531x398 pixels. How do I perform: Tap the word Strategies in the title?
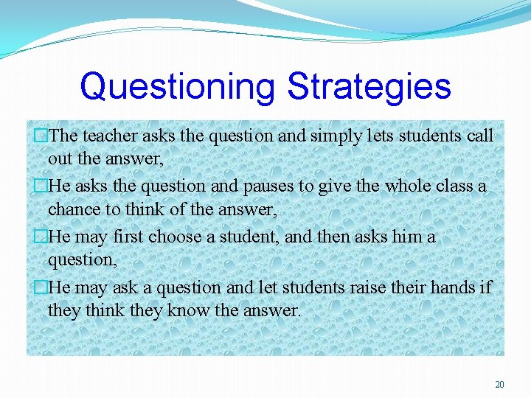tap(368, 87)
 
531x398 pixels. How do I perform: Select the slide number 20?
tap(499, 385)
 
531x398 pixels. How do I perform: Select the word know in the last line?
tap(188, 310)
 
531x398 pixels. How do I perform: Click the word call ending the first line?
tap(479, 136)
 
